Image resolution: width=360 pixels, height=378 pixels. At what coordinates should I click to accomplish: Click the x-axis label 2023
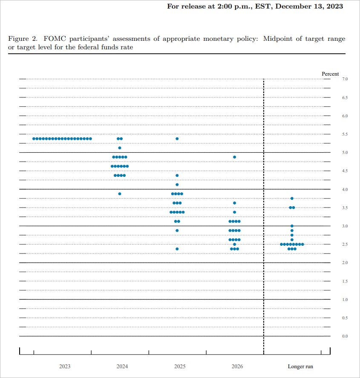[65, 366]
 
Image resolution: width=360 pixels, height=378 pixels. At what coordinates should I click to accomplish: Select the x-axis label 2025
[180, 366]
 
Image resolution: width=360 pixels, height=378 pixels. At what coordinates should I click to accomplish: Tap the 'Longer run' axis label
[300, 366]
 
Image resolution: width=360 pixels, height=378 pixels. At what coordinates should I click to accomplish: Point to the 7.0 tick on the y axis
[345, 79]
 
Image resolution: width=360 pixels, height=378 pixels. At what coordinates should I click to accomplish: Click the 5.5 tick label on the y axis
[345, 134]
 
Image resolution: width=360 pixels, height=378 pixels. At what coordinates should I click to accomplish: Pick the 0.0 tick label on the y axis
[345, 336]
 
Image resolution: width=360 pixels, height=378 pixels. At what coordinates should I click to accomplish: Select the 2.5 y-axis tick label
[345, 244]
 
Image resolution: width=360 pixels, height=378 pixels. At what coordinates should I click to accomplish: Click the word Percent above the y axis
[330, 74]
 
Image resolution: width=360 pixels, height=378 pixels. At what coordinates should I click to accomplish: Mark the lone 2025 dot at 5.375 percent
[177, 139]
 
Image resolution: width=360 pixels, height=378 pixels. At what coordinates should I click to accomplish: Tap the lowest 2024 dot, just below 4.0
[120, 194]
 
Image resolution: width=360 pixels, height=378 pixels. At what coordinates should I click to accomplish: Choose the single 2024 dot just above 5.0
[120, 148]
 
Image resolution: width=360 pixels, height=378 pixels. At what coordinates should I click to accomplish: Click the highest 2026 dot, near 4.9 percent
[235, 157]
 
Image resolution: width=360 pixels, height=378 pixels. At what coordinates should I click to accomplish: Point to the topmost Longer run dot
[292, 199]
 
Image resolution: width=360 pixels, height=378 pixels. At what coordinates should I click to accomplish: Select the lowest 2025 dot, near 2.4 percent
[177, 249]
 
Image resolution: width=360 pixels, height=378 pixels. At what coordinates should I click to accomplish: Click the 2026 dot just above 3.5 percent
[235, 203]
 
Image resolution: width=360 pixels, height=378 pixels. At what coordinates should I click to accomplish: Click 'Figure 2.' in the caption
[19, 39]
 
